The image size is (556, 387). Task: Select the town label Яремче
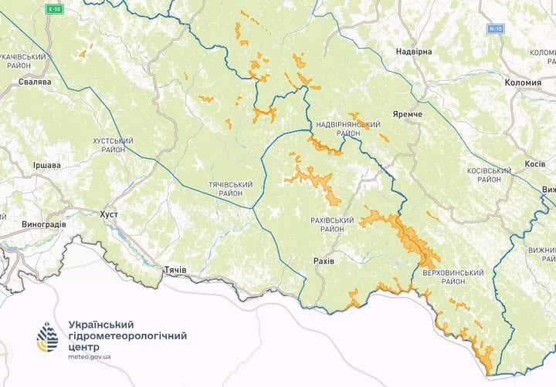[407, 114]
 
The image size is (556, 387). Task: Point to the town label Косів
[535, 164]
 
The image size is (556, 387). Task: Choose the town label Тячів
[173, 271]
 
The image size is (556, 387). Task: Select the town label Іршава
[46, 166]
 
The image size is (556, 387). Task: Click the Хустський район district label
[113, 146]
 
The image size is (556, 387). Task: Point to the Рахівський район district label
[331, 224]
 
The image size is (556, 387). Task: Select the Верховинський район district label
[453, 278]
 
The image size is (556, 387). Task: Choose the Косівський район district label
[490, 175]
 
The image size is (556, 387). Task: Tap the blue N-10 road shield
[495, 29]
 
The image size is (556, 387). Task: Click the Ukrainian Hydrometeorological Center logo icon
[47, 337]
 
